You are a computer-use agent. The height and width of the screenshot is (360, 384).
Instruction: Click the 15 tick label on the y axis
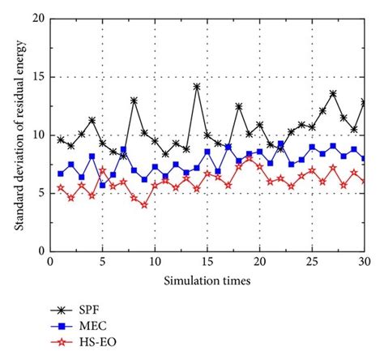(x=38, y=77)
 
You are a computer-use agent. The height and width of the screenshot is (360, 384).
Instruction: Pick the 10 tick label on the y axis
(x=38, y=135)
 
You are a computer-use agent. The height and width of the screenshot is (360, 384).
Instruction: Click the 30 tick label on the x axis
(x=365, y=263)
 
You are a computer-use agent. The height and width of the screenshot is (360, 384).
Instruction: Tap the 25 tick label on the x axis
(x=312, y=263)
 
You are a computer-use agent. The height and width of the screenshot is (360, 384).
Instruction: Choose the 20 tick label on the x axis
(x=259, y=263)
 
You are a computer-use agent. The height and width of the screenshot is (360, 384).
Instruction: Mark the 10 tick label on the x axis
(x=155, y=263)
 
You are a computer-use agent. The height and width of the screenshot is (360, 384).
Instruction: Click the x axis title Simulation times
(x=207, y=279)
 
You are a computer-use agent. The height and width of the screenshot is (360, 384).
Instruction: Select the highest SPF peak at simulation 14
(x=197, y=86)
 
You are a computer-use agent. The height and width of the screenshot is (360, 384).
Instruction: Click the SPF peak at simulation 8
(x=134, y=101)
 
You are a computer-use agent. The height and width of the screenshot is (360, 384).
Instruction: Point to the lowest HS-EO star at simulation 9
(x=144, y=204)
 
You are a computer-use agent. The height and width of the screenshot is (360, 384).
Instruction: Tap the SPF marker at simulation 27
(x=333, y=93)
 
